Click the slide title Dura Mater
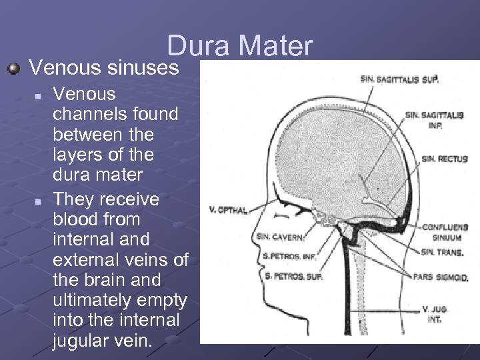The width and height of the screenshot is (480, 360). [239, 46]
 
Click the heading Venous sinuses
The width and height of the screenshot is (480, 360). [104, 67]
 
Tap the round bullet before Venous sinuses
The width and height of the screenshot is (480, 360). [14, 67]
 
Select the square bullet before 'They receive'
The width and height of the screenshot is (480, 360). [39, 200]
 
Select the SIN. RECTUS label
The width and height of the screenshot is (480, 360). [444, 159]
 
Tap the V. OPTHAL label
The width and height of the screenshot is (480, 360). [228, 210]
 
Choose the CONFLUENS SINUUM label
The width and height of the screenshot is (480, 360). [444, 232]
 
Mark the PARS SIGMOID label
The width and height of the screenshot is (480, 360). [440, 277]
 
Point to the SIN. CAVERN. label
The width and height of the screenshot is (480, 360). [280, 237]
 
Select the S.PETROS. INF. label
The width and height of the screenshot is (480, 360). [288, 255]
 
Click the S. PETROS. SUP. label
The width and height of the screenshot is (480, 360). [293, 276]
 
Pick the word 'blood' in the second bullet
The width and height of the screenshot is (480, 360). [76, 219]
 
